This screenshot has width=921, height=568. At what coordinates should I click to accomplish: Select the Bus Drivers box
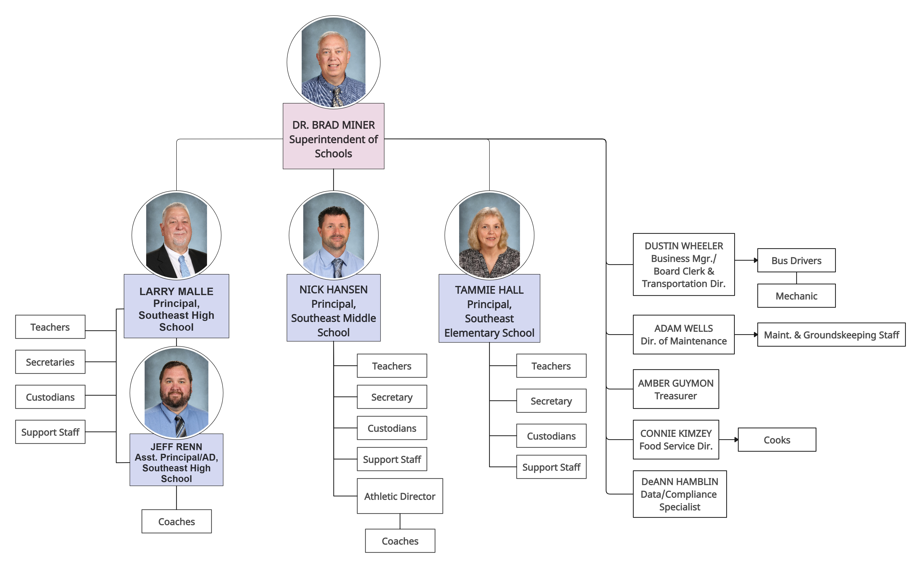click(796, 260)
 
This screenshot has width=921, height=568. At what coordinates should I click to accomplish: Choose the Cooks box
click(777, 440)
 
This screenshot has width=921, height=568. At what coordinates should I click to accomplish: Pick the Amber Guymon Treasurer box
click(675, 389)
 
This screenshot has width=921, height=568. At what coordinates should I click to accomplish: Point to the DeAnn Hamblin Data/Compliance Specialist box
click(679, 494)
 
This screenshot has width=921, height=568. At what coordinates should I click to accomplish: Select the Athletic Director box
click(400, 496)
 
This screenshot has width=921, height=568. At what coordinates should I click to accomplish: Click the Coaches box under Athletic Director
click(400, 541)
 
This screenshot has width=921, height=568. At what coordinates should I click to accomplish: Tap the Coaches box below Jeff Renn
click(176, 522)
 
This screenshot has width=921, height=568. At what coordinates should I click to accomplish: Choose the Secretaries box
click(50, 362)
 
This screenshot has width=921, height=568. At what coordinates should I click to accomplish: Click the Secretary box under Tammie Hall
click(551, 401)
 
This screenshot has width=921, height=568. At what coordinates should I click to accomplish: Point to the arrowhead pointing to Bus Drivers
click(756, 260)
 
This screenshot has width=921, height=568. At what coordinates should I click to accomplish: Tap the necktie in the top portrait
click(337, 97)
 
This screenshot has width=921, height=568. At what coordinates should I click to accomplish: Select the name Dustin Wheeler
click(683, 246)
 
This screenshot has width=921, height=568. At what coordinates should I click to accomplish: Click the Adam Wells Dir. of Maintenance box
click(683, 334)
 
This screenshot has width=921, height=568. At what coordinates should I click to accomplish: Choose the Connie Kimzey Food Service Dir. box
click(675, 440)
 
